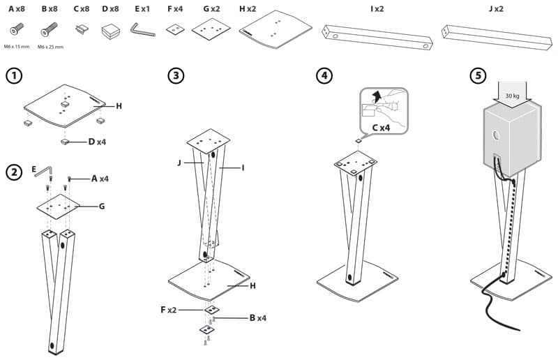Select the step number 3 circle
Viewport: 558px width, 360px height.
click(x=176, y=76)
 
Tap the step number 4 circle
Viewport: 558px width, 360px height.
click(x=324, y=76)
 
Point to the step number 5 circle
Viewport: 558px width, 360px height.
click(x=478, y=76)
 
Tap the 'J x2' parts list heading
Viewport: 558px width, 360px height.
click(x=496, y=10)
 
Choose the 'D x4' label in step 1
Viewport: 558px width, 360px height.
click(x=97, y=142)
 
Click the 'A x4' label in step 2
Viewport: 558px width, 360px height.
click(x=100, y=179)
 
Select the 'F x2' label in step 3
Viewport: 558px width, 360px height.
click(x=169, y=308)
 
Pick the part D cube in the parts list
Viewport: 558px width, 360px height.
click(x=111, y=31)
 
